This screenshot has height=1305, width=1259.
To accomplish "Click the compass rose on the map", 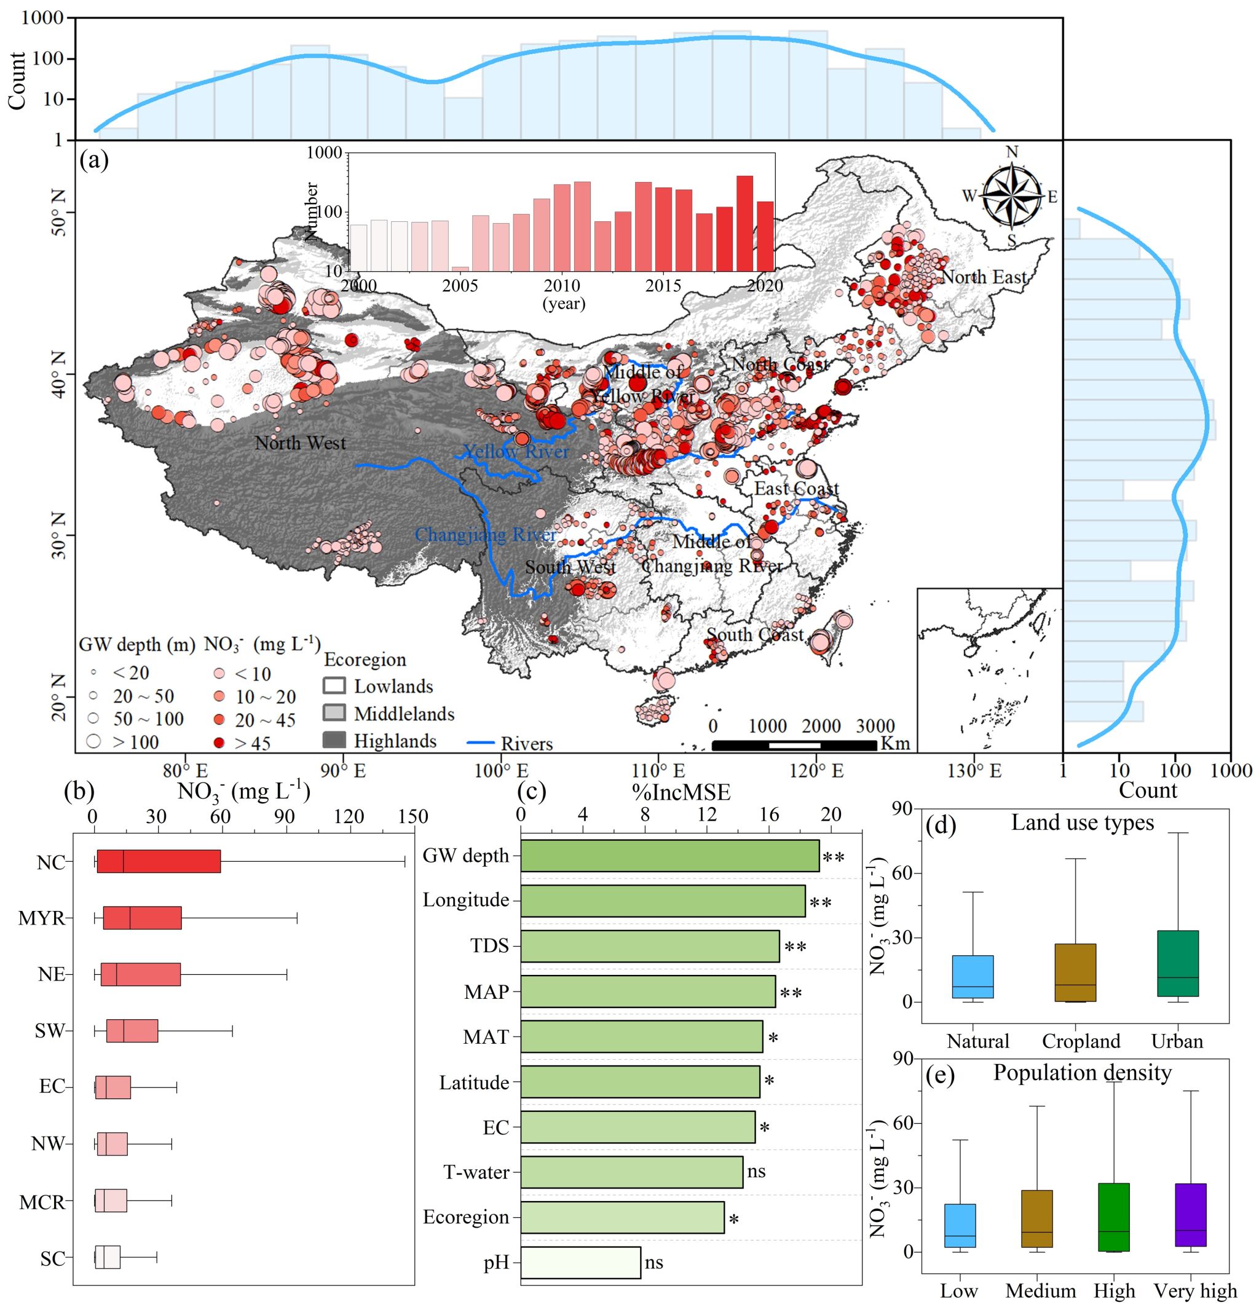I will [1011, 197].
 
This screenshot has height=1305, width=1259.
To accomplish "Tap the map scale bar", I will [794, 745].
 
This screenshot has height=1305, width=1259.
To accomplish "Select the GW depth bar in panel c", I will [669, 856].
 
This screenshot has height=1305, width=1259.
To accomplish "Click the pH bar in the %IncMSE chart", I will [580, 1263].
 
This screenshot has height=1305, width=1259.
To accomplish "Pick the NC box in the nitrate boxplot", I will [159, 862].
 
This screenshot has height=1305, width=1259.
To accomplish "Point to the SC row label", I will [53, 1259].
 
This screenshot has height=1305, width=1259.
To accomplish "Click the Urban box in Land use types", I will [1178, 963].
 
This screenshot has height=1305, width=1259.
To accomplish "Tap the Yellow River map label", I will [516, 452].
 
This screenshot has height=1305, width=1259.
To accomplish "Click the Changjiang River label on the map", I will [486, 535].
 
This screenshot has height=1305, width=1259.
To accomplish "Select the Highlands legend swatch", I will [334, 740].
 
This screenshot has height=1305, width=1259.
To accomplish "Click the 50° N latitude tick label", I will [59, 213].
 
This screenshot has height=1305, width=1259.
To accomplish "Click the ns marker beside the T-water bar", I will [756, 1171].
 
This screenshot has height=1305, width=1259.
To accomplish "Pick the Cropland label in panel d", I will [1081, 1041].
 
